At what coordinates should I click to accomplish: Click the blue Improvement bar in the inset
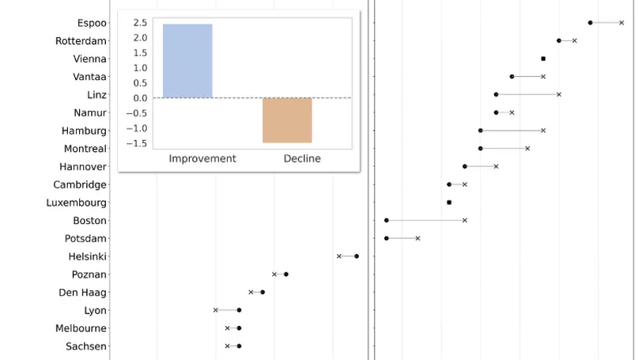pyautogui.click(x=187, y=61)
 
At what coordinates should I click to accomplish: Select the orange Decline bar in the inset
pyautogui.click(x=287, y=120)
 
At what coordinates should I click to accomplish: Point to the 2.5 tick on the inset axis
pyautogui.click(x=139, y=22)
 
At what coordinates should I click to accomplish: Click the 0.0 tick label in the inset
pyautogui.click(x=139, y=98)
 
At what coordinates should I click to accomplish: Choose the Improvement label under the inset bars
pyautogui.click(x=202, y=158)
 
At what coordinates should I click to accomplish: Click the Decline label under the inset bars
pyautogui.click(x=302, y=158)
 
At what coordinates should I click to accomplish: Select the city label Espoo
pyautogui.click(x=92, y=23)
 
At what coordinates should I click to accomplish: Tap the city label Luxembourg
pyautogui.click(x=76, y=203)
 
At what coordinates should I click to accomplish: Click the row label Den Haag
pyautogui.click(x=82, y=293)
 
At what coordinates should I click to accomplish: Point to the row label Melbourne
pyautogui.click(x=81, y=328)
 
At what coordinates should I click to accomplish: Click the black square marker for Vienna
pyautogui.click(x=543, y=59)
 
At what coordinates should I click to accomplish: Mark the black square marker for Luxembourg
pyautogui.click(x=449, y=203)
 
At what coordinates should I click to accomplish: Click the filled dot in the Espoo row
pyautogui.click(x=590, y=23)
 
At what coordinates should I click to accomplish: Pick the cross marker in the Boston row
pyautogui.click(x=464, y=221)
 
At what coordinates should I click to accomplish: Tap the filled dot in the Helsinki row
pyautogui.click(x=357, y=256)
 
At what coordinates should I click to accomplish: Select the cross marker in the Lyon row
pyautogui.click(x=215, y=310)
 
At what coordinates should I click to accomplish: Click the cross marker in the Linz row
pyautogui.click(x=558, y=94)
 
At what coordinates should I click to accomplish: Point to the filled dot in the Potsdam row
pyautogui.click(x=387, y=238)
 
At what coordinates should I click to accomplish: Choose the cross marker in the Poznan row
pyautogui.click(x=274, y=275)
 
